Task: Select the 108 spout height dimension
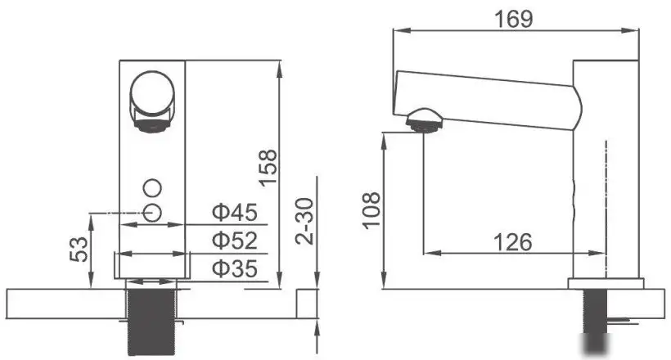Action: pos(371,210)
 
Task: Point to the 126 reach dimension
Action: pos(513,241)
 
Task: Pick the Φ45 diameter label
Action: pos(235,213)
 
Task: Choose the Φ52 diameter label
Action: pos(235,240)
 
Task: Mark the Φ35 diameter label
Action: pos(235,268)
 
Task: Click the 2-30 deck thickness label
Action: pos(303,219)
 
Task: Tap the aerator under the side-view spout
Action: pos(425,119)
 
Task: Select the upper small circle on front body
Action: pos(152,186)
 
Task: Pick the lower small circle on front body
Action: pos(152,213)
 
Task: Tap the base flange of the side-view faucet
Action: pos(606,284)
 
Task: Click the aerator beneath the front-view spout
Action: pos(152,125)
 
